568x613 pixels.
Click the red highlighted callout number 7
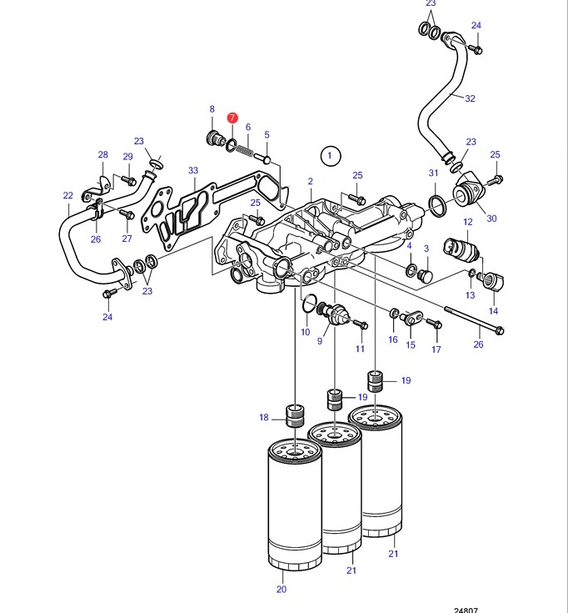coord(232,118)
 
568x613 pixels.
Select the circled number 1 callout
coord(331,156)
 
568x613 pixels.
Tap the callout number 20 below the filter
coord(281,589)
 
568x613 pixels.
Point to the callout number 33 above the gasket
coord(193,170)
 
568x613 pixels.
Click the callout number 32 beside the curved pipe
coord(470,98)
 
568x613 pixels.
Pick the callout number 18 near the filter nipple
coord(264,418)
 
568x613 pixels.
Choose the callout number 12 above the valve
coord(468,222)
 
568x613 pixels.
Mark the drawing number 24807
coord(466,610)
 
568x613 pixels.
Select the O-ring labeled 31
coord(436,203)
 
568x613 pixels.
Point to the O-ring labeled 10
coord(309,304)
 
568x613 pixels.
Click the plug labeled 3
coord(425,275)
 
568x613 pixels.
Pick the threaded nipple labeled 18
coord(296,416)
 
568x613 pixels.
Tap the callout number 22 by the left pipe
coord(68,195)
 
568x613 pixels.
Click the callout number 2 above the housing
coord(310,181)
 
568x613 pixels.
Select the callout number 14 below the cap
coord(493,311)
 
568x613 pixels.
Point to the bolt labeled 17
coord(434,324)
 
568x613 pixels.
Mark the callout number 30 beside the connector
coord(491,219)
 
